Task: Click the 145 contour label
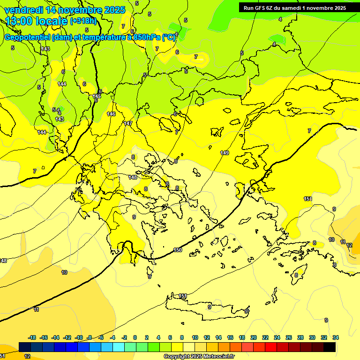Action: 97,96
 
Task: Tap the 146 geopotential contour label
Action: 111,114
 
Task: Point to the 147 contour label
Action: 128,123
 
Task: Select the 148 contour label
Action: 133,177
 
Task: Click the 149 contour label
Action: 225,153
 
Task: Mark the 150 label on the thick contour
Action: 178,250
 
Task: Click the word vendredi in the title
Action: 23,10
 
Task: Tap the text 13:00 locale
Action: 37,21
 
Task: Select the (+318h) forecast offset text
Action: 83,21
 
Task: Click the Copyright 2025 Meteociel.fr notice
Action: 199,356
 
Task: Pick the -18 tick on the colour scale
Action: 32,337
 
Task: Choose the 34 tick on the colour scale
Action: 336,337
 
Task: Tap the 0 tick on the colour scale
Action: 135,337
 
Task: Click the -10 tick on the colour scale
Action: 79,337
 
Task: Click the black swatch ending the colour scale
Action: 330,347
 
